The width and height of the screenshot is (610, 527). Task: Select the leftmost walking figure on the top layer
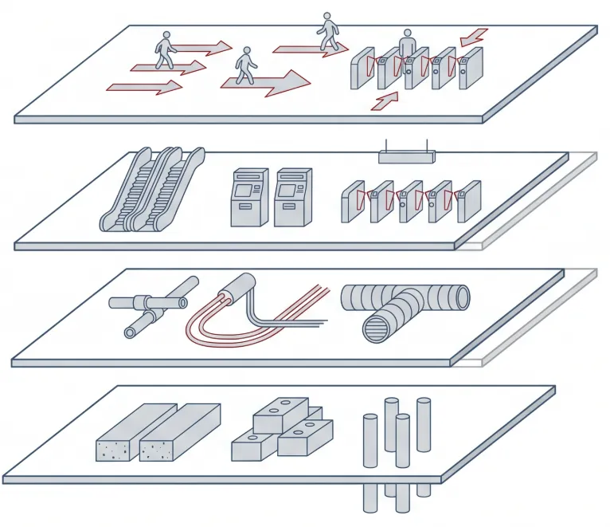point(166,50)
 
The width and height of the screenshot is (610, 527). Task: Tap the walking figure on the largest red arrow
point(245,65)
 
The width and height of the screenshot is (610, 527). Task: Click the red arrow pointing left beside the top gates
point(474,36)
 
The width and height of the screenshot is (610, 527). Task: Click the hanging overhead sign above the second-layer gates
point(406,156)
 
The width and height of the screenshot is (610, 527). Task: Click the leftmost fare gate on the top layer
point(362,69)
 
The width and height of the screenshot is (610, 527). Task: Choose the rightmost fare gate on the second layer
point(468,202)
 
